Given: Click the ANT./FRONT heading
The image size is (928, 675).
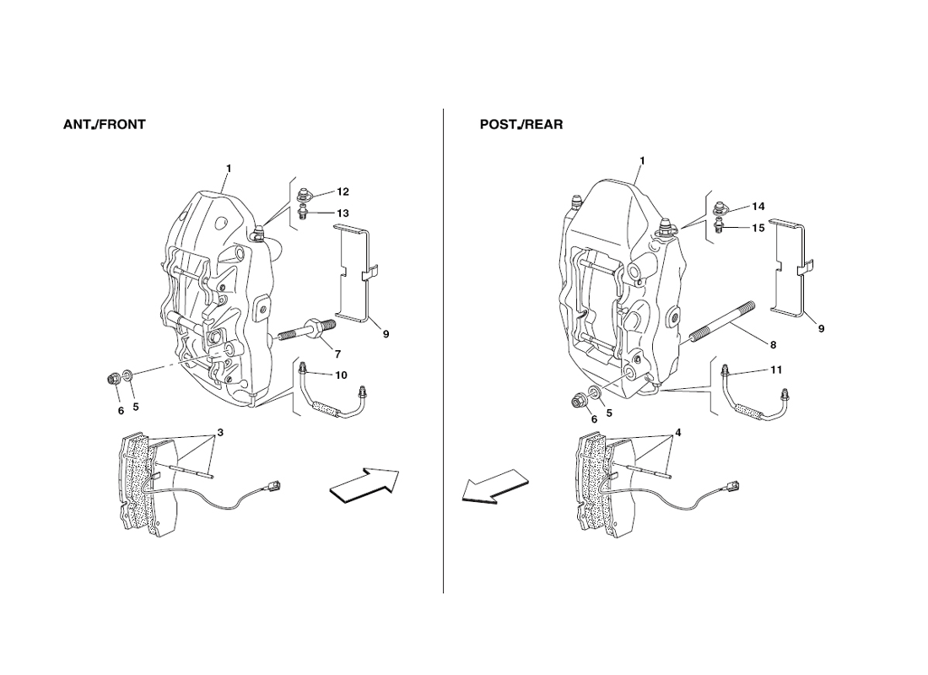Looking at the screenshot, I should tap(104, 124).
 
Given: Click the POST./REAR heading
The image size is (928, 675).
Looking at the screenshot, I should tap(521, 124).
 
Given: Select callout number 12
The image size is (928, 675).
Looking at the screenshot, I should tap(343, 192).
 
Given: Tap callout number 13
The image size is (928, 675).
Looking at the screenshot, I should tap(343, 213).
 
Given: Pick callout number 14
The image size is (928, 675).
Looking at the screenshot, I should tap(758, 207).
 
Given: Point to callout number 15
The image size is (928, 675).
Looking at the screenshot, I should tap(758, 227).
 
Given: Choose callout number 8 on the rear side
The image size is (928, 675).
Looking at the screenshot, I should tap(773, 344).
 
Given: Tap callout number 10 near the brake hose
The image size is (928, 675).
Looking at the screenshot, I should tap(341, 375).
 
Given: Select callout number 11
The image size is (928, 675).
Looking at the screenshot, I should tap(776, 370).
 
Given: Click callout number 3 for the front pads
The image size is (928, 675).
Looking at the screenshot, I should tap(220, 433).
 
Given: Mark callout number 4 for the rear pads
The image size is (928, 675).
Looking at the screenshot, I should tap(677, 433).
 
